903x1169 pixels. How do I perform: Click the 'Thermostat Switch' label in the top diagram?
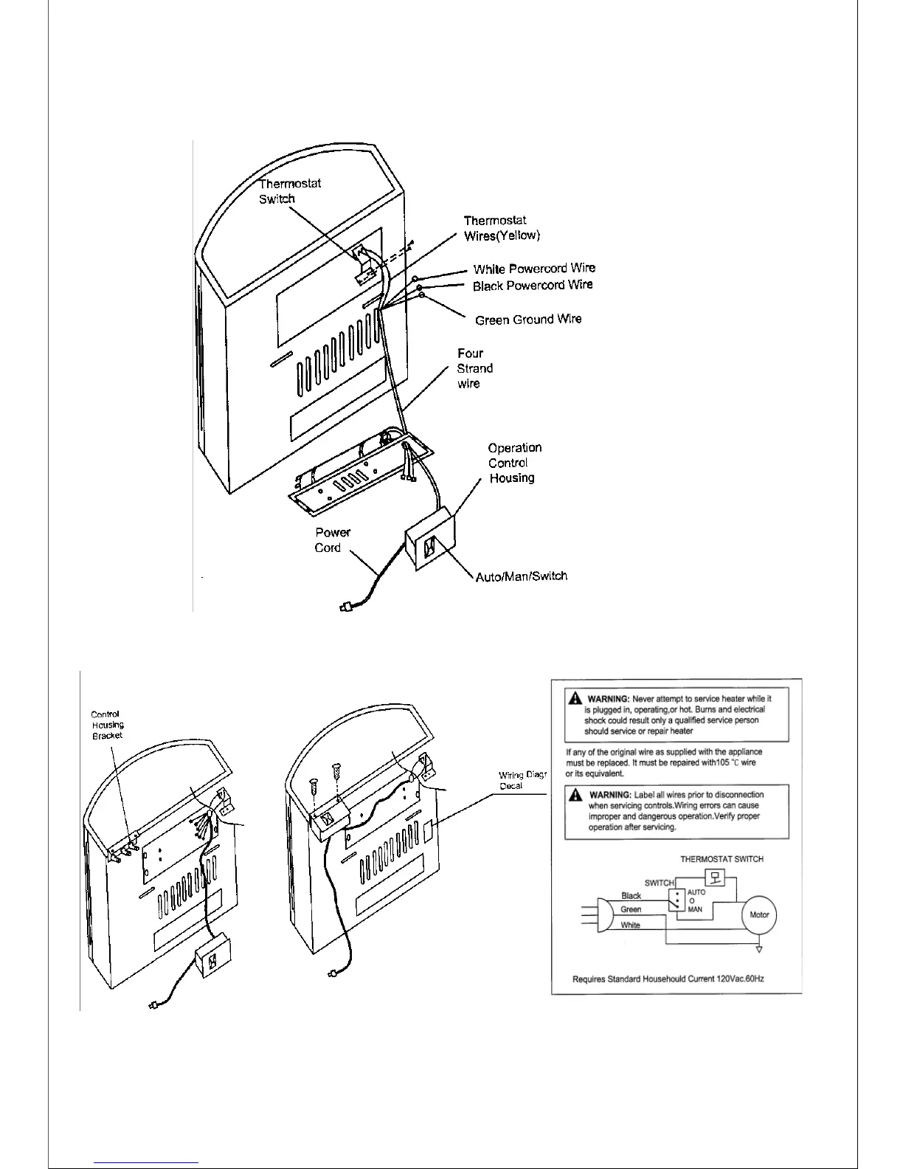coord(289,191)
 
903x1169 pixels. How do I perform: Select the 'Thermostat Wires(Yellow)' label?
coord(502,228)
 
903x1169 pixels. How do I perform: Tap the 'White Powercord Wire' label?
coord(534,269)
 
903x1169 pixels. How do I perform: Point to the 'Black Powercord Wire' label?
coord(533,286)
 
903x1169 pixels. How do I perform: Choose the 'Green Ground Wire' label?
coord(528,320)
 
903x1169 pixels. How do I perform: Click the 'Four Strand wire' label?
coord(474,368)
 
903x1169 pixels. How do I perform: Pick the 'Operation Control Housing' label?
coord(514,463)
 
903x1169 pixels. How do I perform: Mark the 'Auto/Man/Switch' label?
coord(522,576)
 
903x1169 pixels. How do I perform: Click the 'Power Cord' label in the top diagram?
coord(332,539)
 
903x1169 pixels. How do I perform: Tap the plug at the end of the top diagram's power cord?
coord(344,608)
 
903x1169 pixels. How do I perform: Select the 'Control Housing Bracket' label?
coord(107,725)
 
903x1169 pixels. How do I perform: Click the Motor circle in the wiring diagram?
coord(759,915)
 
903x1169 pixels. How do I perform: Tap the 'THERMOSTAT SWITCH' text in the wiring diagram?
coord(722,859)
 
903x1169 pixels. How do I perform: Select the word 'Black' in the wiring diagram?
coord(631,896)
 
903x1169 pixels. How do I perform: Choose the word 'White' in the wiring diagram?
coord(630,925)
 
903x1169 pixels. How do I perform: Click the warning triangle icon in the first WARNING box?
coord(575,698)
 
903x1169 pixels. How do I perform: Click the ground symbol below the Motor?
coord(759,949)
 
